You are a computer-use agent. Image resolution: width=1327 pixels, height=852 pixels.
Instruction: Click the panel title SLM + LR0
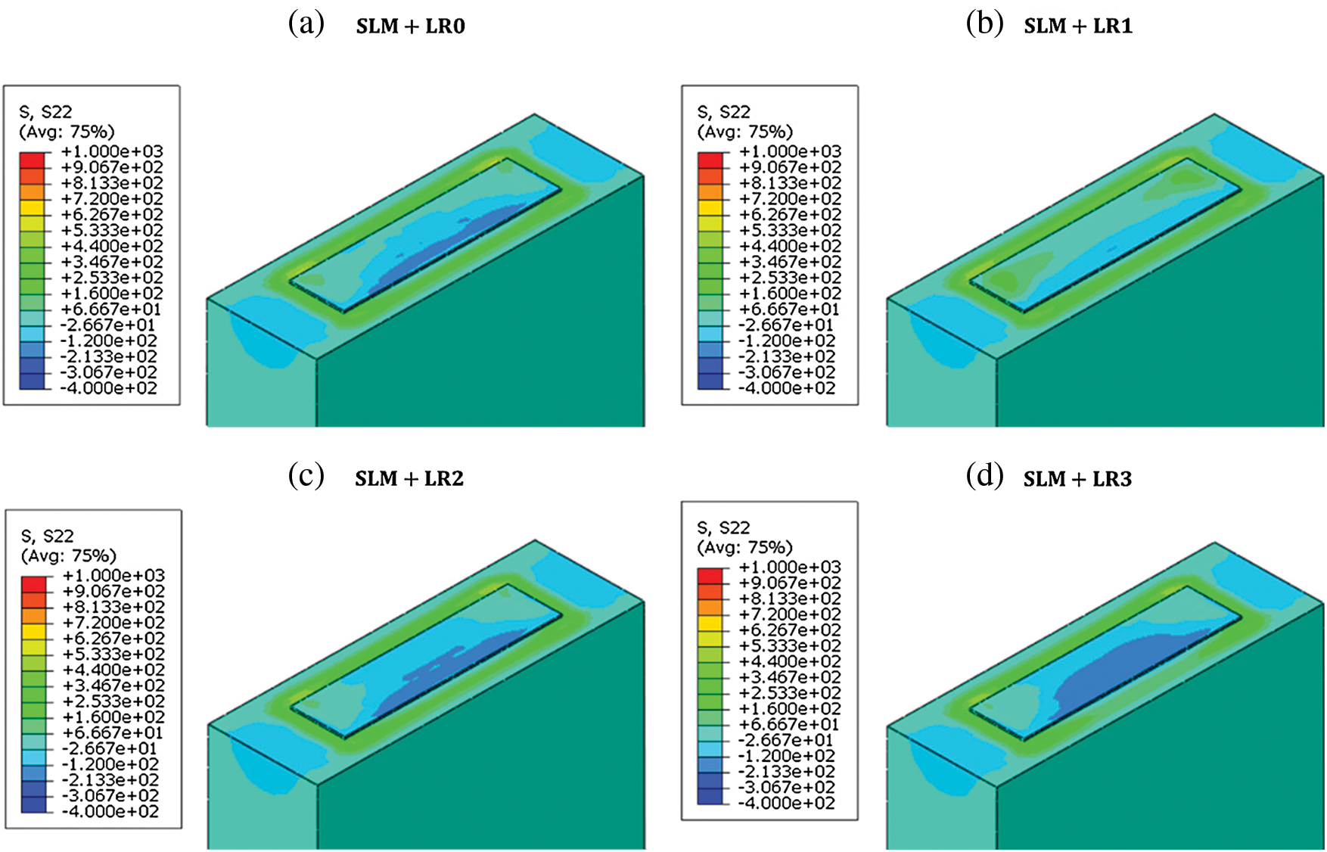pyautogui.click(x=411, y=26)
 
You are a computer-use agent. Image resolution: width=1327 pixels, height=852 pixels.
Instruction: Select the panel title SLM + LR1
pyautogui.click(x=1078, y=26)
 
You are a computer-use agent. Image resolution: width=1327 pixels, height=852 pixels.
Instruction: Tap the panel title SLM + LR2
pyautogui.click(x=409, y=479)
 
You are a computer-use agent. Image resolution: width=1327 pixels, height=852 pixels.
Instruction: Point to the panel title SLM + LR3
pyautogui.click(x=1077, y=480)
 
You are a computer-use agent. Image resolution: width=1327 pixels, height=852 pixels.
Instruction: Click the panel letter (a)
pyautogui.click(x=306, y=24)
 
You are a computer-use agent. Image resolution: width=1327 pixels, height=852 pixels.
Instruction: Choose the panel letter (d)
pyautogui.click(x=985, y=477)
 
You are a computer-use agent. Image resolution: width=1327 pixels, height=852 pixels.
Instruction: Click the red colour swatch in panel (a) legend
pyautogui.click(x=32, y=160)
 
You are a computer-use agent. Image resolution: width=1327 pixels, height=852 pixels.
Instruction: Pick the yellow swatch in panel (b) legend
pyautogui.click(x=710, y=207)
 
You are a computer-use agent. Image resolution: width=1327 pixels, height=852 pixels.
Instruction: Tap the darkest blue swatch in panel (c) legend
pyautogui.click(x=33, y=804)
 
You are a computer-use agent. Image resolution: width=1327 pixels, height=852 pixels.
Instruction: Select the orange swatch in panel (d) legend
pyautogui.click(x=710, y=607)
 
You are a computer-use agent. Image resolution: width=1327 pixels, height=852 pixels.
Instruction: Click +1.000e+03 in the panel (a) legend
pyautogui.click(x=112, y=151)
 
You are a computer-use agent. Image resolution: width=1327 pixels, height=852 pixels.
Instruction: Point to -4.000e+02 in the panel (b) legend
pyautogui.click(x=787, y=388)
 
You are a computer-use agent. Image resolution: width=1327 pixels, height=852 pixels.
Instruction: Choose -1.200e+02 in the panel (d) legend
pyautogui.click(x=787, y=756)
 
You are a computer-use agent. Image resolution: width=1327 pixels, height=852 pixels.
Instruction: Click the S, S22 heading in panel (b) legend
pyautogui.click(x=723, y=112)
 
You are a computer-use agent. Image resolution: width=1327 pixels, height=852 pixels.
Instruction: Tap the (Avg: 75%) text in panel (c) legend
pyautogui.click(x=69, y=556)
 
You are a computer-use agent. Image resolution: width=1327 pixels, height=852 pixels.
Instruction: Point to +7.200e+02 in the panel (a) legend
pyautogui.click(x=112, y=199)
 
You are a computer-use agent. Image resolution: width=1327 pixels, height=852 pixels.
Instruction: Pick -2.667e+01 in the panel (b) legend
pyautogui.click(x=787, y=325)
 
